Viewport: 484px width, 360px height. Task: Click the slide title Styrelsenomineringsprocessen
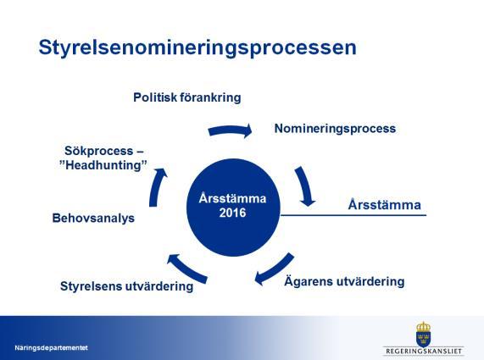pos(197,48)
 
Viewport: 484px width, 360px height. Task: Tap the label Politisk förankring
pos(187,97)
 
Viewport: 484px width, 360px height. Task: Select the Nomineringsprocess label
pos(335,129)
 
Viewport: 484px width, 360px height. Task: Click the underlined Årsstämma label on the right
pos(385,204)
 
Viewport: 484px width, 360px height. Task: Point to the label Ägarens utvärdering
pos(344,281)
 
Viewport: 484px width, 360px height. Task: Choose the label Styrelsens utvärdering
pos(127,286)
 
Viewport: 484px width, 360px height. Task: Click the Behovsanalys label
pos(93,218)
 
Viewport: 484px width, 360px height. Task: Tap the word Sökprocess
pos(99,151)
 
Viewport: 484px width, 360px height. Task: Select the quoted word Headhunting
pos(103,165)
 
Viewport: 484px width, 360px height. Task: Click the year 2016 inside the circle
pos(233,213)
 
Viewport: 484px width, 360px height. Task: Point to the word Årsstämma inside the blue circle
pos(232,198)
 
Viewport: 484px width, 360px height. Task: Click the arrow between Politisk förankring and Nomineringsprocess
pos(231,130)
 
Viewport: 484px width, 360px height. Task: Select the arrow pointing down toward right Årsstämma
pos(305,186)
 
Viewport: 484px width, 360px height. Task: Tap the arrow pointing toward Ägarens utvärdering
pos(274,269)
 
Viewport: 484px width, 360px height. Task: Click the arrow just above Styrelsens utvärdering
pos(187,268)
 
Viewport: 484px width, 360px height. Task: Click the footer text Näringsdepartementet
pos(51,348)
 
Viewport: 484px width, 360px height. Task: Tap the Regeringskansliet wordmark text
pos(424,351)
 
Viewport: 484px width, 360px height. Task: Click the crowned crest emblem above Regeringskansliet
pos(424,334)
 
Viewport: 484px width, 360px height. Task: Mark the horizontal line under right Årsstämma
pos(353,215)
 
